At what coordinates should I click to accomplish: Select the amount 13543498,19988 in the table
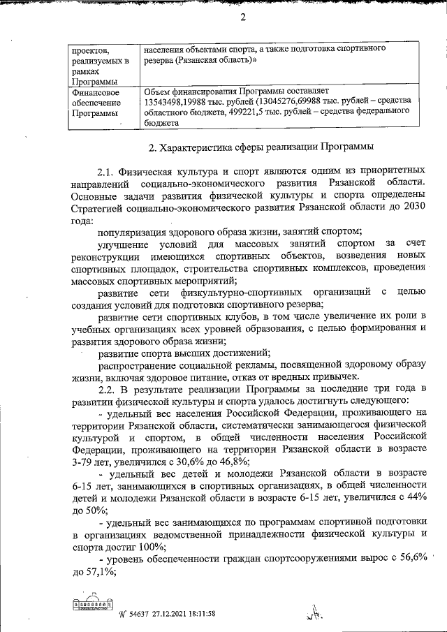tap(175, 101)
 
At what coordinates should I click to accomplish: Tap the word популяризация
tap(133, 232)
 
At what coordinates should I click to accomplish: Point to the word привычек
tap(336, 377)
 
